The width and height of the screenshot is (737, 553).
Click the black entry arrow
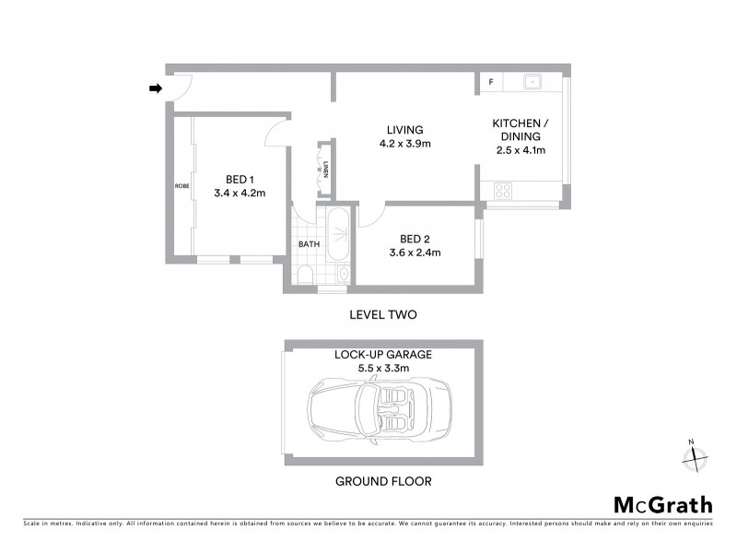point(156,88)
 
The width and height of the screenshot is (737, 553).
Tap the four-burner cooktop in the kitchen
point(503,191)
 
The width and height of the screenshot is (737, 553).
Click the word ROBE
point(181,186)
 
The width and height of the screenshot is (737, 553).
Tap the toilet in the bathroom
point(306,276)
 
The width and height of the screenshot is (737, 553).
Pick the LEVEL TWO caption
point(383,314)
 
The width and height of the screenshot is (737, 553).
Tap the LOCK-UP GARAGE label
point(383,354)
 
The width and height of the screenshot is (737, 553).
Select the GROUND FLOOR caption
point(383,481)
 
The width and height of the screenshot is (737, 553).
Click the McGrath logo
point(663,504)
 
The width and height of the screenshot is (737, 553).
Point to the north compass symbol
point(692,454)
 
